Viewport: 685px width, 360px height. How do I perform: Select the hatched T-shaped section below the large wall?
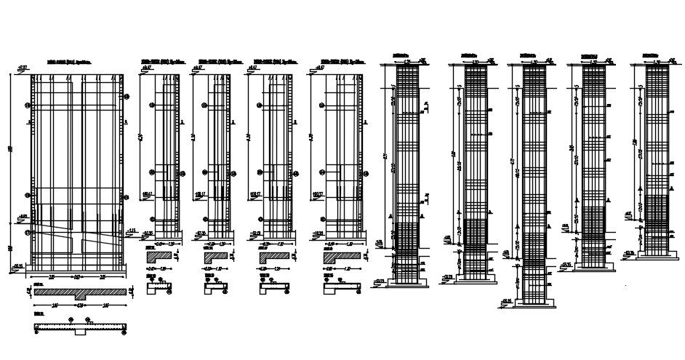[80, 292]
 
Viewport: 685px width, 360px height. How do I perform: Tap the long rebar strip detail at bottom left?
[80, 327]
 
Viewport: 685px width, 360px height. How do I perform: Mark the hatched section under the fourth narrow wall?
[335, 256]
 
